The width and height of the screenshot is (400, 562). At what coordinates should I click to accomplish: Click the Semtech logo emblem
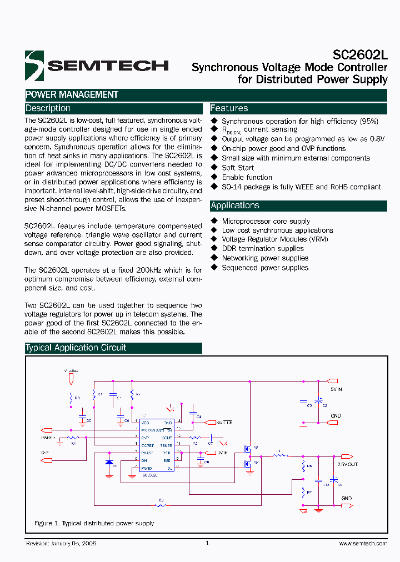pyautogui.click(x=34, y=66)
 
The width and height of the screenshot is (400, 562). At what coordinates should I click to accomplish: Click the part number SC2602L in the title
pyautogui.click(x=360, y=54)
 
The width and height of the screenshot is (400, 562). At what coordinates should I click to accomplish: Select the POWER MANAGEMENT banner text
pyautogui.click(x=72, y=95)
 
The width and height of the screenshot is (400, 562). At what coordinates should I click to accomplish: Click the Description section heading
pyautogui.click(x=48, y=108)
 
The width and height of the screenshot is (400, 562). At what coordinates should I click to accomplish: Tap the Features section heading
pyautogui.click(x=229, y=108)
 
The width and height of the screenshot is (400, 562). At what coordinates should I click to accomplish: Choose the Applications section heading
pyautogui.click(x=235, y=205)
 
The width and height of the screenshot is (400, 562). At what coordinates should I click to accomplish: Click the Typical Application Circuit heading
pyautogui.click(x=76, y=348)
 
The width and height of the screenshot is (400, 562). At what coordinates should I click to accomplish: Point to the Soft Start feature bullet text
pyautogui.click(x=238, y=168)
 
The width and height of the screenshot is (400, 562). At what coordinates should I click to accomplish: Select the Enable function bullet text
pyautogui.click(x=247, y=177)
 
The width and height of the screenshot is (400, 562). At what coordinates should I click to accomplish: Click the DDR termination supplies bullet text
pyautogui.click(x=263, y=249)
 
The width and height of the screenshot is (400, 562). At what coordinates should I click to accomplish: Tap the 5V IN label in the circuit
pyautogui.click(x=336, y=390)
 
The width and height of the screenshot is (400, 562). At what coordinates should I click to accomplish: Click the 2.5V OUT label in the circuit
pyautogui.click(x=347, y=464)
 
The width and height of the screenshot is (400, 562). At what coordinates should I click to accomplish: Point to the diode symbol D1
pyautogui.click(x=109, y=462)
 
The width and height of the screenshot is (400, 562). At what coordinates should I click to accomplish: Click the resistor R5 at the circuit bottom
pyautogui.click(x=161, y=505)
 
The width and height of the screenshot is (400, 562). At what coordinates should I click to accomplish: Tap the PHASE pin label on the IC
pyautogui.click(x=147, y=453)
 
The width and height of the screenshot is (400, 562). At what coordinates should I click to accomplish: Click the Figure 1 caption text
pyautogui.click(x=94, y=524)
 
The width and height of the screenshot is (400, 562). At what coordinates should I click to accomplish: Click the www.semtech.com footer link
pyautogui.click(x=362, y=544)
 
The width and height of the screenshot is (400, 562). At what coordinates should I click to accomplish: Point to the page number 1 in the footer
pyautogui.click(x=207, y=543)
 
